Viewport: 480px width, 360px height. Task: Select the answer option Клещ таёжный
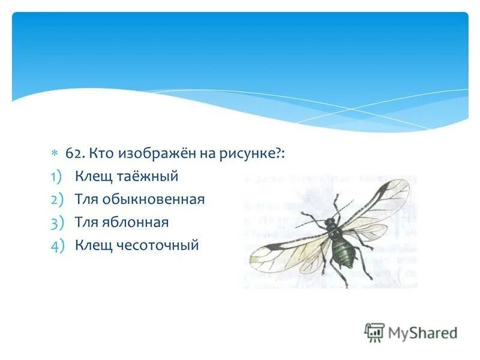[x=127, y=176]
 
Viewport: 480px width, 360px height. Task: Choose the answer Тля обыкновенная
[x=140, y=199]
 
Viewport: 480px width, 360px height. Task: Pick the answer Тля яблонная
[x=122, y=222]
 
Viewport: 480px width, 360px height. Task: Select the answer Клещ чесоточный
[x=137, y=245]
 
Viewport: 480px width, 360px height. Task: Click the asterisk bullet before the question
[x=54, y=153]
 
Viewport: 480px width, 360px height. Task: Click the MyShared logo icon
[x=374, y=332]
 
